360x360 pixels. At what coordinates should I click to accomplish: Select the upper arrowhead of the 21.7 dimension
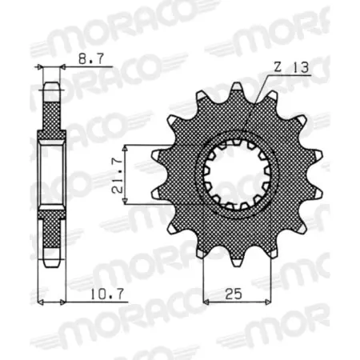[x=126, y=148]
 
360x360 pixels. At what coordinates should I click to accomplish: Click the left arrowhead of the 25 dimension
[x=206, y=302]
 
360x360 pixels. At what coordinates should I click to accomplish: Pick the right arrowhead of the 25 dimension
[x=261, y=302]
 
